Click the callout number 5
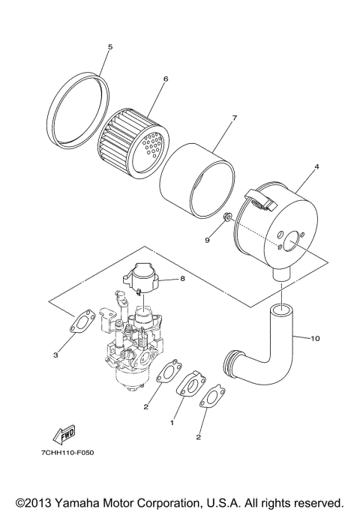(x=109, y=46)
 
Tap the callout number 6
(x=164, y=79)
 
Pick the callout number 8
(x=182, y=279)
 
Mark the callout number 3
(x=55, y=355)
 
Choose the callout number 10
(x=315, y=338)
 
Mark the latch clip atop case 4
(x=259, y=199)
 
